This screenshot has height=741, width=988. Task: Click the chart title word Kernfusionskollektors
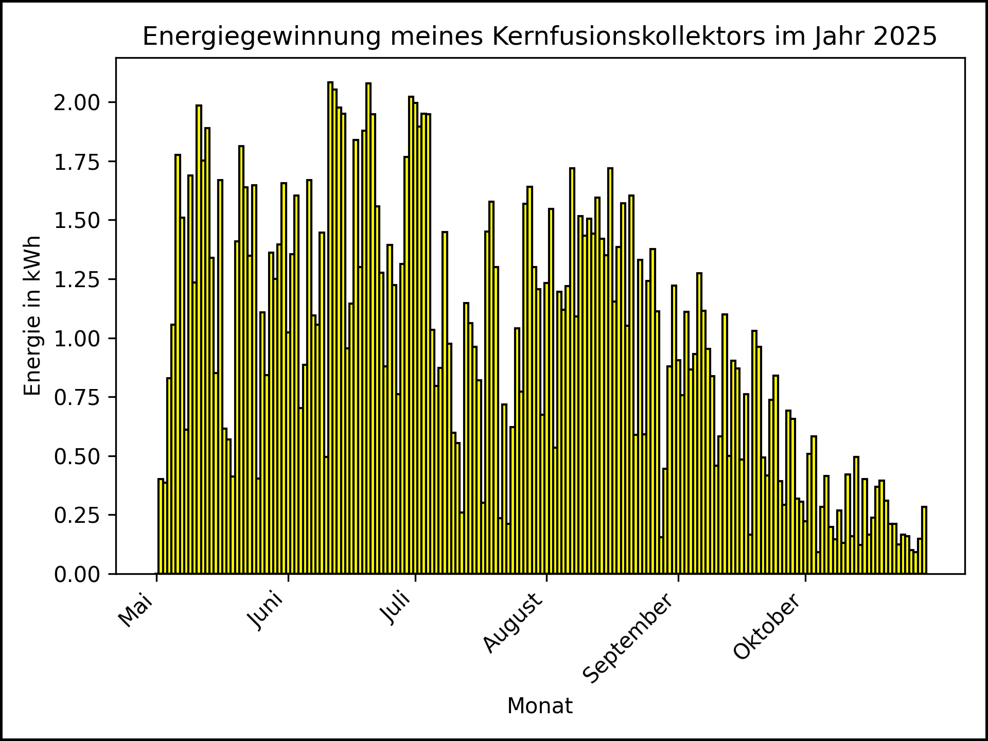(x=628, y=37)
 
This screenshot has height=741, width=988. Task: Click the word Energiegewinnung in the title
(x=261, y=37)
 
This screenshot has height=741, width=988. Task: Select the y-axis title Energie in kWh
(x=32, y=315)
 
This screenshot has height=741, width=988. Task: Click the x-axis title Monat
(x=540, y=706)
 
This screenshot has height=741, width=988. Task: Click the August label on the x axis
(x=514, y=623)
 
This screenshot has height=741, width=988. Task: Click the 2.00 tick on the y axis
(x=77, y=102)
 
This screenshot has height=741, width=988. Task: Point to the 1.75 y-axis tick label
(x=77, y=162)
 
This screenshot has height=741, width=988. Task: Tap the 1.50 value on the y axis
(x=77, y=221)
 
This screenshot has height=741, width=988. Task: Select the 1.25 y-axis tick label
(x=77, y=279)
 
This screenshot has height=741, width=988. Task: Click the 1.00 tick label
(x=77, y=339)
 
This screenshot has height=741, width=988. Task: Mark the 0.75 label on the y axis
(x=77, y=397)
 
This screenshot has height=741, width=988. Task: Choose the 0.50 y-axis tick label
(x=77, y=456)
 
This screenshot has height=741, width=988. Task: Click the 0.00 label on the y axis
(x=77, y=574)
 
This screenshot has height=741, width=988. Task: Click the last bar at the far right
(x=924, y=540)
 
